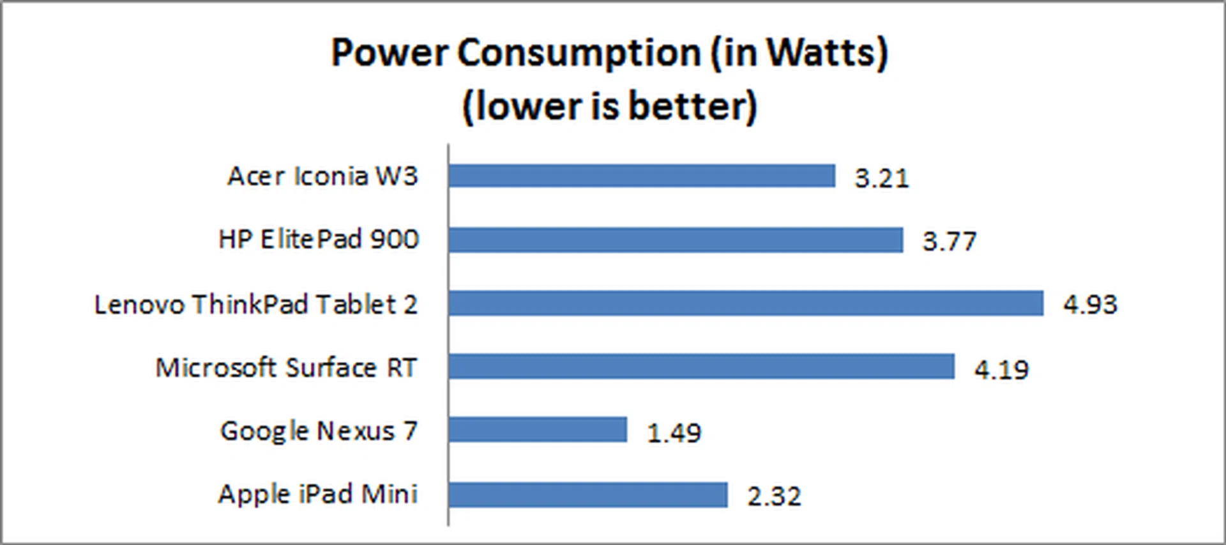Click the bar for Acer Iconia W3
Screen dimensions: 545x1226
642,176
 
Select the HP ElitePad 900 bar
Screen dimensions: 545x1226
676,240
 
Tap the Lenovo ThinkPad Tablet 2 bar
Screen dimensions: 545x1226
746,303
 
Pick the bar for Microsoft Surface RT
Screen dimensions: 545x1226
701,367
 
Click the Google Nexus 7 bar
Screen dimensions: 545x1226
538,429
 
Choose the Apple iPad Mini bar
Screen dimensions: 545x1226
587,495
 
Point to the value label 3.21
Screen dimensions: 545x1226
882,178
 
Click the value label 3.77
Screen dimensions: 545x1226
950,242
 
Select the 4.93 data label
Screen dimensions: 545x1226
1090,304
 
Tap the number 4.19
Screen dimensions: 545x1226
1001,369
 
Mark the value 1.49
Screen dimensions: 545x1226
674,433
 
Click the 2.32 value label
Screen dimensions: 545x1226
774,496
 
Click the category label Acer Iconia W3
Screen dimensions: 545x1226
322,176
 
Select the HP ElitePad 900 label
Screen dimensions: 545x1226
319,239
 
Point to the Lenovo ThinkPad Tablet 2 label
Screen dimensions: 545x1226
256,304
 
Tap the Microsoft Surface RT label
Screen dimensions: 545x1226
286,367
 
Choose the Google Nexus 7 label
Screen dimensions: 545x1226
319,431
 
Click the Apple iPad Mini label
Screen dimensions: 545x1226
318,494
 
